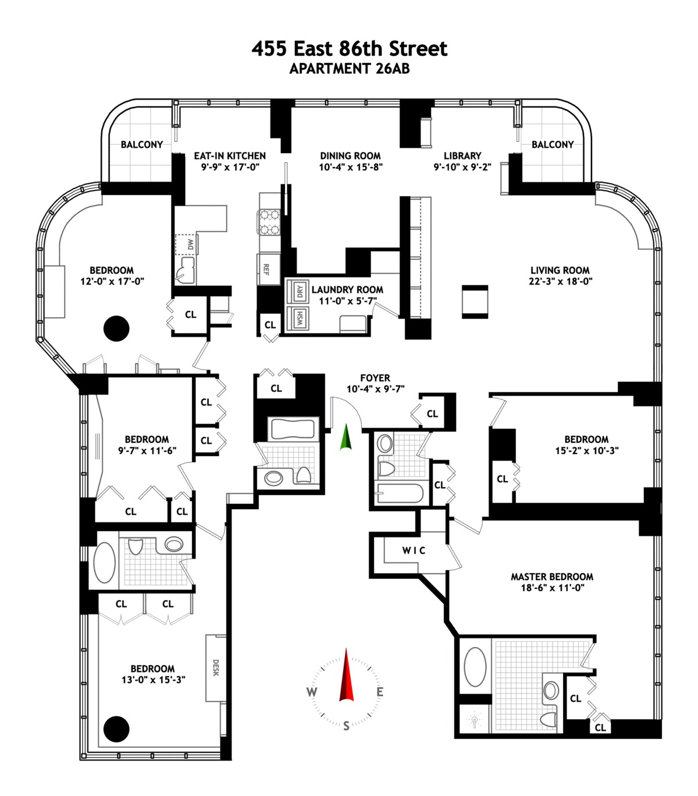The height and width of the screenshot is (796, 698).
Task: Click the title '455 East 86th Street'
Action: click(349, 48)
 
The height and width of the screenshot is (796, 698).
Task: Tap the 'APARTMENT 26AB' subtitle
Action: click(349, 69)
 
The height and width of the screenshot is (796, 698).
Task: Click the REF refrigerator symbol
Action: click(267, 269)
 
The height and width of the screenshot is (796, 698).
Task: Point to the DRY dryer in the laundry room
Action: click(299, 292)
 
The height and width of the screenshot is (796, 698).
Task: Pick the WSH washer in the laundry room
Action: click(299, 318)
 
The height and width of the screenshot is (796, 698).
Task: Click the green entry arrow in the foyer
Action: click(346, 438)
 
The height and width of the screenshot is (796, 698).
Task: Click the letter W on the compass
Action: click(312, 692)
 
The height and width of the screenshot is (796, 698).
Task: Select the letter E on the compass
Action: click(380, 692)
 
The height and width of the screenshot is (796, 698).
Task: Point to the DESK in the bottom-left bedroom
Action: click(215, 667)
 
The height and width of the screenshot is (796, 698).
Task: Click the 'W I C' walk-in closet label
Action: click(414, 550)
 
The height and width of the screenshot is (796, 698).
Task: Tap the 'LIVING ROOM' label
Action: click(560, 270)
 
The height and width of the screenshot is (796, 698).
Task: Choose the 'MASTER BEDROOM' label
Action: click(552, 577)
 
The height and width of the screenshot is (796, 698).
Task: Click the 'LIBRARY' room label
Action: click(462, 156)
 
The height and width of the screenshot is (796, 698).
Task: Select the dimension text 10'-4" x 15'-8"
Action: click(350, 168)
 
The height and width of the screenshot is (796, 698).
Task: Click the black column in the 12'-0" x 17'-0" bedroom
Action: click(116, 329)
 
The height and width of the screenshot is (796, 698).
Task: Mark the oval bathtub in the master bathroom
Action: click(475, 667)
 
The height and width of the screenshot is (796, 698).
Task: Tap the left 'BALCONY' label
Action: click(142, 144)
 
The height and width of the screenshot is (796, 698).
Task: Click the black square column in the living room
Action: click(475, 301)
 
